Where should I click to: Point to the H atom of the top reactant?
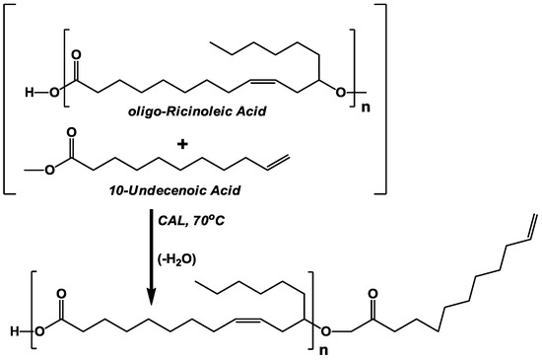coord(31,94)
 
